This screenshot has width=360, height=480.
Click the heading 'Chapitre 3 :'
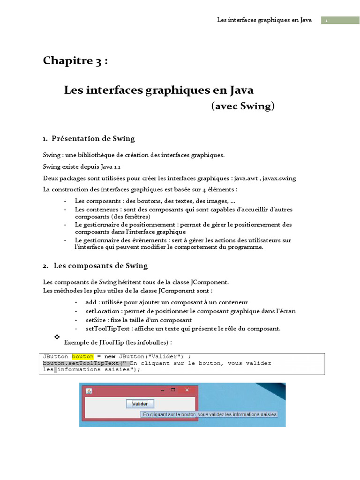point(75,61)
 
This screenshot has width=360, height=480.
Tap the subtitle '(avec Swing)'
point(243,106)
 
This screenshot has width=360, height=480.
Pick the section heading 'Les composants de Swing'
point(100,266)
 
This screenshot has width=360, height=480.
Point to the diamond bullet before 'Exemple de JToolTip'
point(58,337)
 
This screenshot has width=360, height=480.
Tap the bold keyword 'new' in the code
point(110,356)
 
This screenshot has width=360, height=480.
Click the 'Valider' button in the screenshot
point(140,404)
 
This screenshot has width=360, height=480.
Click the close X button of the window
point(187,390)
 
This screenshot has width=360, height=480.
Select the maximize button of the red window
point(173,390)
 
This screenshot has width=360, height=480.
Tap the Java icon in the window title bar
point(89,390)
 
